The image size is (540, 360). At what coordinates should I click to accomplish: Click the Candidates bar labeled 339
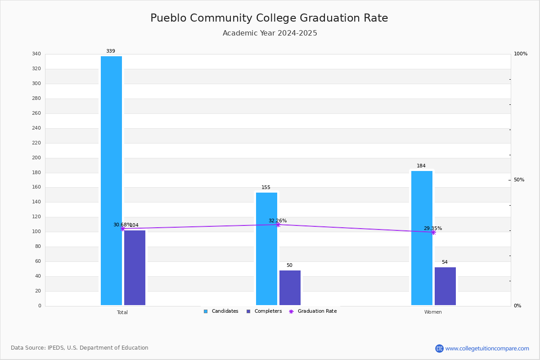pos(111,180)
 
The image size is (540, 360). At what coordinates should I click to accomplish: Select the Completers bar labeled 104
pos(135,268)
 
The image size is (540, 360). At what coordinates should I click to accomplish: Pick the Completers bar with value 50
pos(290,288)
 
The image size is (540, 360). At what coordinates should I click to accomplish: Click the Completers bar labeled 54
pos(445,286)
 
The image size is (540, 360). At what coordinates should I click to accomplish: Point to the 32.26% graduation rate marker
pos(278,224)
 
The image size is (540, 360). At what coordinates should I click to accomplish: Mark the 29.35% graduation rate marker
pos(433,232)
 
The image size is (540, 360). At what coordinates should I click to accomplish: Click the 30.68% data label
pos(122,225)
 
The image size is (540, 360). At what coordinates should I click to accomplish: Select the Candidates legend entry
pos(221,311)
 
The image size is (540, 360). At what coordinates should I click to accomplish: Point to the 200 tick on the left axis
pos(36,158)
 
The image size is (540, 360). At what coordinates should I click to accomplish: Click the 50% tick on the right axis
pos(519,180)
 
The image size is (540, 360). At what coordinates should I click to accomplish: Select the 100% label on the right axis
pos(521,54)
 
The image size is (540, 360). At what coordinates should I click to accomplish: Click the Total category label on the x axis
pos(122,312)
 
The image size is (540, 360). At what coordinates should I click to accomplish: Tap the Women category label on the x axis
pos(433,312)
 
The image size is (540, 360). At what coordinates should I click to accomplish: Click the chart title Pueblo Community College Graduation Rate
pos(269,18)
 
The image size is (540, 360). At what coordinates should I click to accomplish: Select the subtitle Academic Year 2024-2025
pos(270,33)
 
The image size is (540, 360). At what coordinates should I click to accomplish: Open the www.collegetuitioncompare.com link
pos(487,348)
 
